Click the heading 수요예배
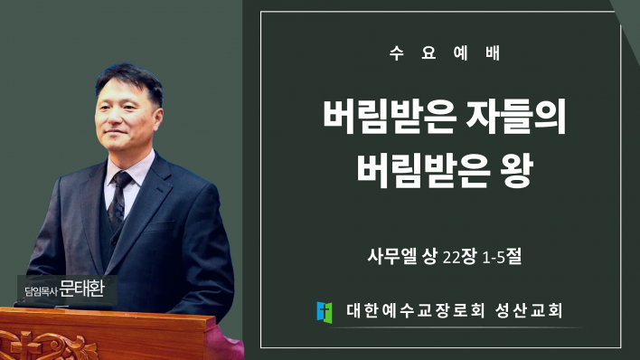(x=445, y=53)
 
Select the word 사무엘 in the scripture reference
(x=391, y=257)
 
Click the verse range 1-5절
(x=502, y=257)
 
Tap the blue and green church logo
(x=325, y=312)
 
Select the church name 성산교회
(x=529, y=311)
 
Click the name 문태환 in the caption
(x=81, y=289)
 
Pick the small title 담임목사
(x=41, y=291)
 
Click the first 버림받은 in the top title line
(x=390, y=118)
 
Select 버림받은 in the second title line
(x=423, y=170)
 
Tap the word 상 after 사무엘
(x=429, y=257)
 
